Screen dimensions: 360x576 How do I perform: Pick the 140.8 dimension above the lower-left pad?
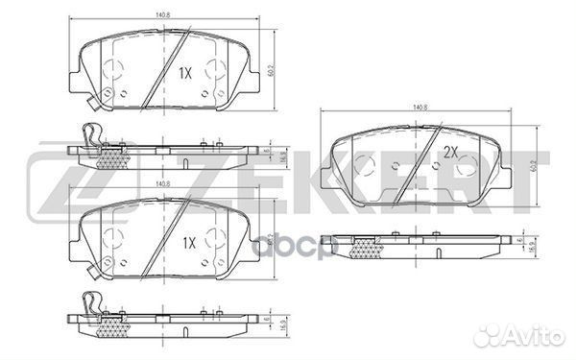coord(161,182)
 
